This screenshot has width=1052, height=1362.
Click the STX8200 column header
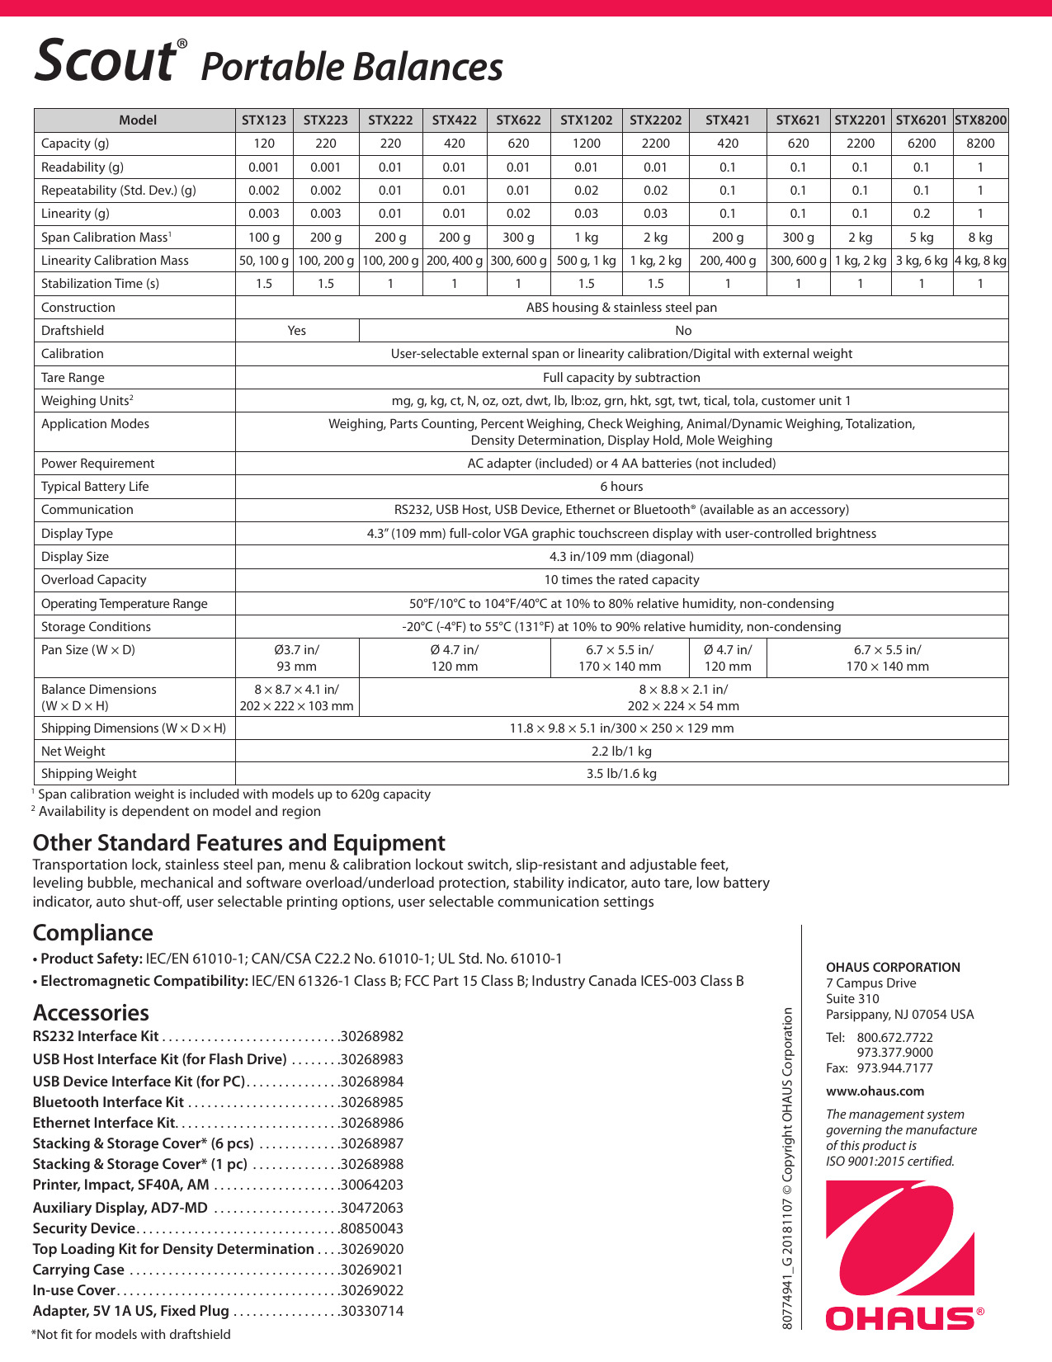[x=980, y=120]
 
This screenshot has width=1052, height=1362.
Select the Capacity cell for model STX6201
[x=922, y=144]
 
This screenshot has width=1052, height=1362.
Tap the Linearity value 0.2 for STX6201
[x=922, y=214]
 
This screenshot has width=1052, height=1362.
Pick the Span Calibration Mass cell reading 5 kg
[x=922, y=238]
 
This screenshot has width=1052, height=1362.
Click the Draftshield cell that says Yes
[x=297, y=331]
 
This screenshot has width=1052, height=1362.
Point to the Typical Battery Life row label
[x=95, y=487]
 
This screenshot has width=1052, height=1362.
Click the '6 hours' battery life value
[x=621, y=487]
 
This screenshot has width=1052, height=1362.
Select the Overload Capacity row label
[x=93, y=580]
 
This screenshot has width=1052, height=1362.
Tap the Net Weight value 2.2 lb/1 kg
[x=621, y=752]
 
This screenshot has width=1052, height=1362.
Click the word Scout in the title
[x=105, y=60]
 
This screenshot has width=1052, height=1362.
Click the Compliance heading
[x=92, y=933]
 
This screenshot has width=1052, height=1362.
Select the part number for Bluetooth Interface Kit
[x=372, y=1103]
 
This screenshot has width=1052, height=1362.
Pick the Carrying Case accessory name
[x=78, y=1270]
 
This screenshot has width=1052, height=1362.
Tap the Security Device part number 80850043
[x=372, y=1229]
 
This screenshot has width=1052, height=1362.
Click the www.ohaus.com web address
[x=875, y=1091]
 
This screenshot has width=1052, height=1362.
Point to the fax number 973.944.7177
[x=894, y=1068]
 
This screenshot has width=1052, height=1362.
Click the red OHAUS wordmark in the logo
[x=899, y=1318]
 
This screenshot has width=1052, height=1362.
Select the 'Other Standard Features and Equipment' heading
[x=238, y=843]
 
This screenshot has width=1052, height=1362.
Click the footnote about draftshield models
[x=131, y=1335]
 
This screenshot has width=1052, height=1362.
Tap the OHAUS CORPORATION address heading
[x=893, y=968]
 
